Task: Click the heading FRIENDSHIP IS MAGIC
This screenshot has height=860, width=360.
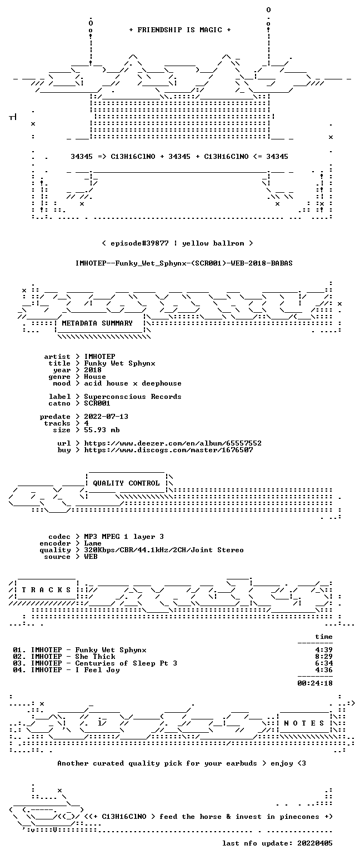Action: tap(179, 30)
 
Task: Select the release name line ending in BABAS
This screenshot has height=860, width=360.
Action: tap(184, 263)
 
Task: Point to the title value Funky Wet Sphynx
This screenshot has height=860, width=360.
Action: tap(120, 363)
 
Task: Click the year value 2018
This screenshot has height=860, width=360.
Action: tap(93, 370)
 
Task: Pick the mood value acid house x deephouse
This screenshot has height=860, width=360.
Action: tap(133, 383)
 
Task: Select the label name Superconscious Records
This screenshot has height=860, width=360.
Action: tap(133, 397)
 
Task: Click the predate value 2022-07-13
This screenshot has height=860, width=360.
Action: tap(106, 417)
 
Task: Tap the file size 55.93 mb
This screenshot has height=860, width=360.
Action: tap(102, 430)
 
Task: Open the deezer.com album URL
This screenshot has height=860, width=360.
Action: tap(173, 443)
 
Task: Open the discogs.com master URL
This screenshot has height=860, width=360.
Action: tap(168, 450)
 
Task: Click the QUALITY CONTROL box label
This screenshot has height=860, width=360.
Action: tap(126, 483)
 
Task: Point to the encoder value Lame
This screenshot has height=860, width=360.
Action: tap(93, 543)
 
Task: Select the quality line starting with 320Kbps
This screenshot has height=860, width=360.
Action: tap(164, 550)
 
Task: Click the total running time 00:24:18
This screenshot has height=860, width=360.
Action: tap(315, 683)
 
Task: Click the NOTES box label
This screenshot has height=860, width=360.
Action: tap(304, 723)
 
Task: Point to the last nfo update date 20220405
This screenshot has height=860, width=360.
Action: tap(315, 843)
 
